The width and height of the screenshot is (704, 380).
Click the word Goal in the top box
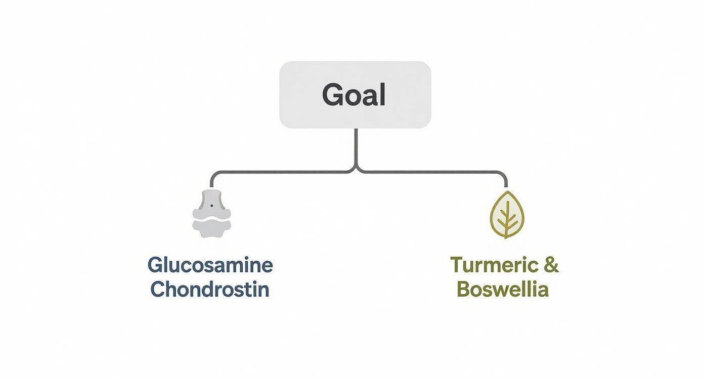point(354,94)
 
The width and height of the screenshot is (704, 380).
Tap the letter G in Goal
point(332,94)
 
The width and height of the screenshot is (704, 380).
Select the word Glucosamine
point(210,265)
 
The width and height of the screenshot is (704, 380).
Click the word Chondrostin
point(210,290)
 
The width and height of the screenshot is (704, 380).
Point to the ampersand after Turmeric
point(551,265)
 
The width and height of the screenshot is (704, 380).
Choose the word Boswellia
point(502,290)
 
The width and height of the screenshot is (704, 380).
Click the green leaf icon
point(507,215)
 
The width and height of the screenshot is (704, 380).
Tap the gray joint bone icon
point(211,214)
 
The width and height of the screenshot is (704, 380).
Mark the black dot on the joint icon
point(211,206)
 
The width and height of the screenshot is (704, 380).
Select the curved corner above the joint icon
point(213,175)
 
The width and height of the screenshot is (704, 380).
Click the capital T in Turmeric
point(457,265)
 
